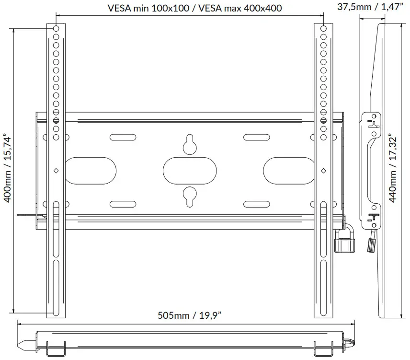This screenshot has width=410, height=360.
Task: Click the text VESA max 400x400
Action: [x=238, y=8]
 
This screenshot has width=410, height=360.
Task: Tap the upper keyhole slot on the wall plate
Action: [x=190, y=144]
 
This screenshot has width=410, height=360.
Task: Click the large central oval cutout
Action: [x=190, y=170]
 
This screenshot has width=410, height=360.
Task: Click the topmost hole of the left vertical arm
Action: [x=56, y=29]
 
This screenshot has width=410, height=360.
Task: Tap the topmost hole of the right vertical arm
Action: [x=323, y=29]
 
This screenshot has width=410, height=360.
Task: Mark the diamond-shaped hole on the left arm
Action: [x=56, y=170]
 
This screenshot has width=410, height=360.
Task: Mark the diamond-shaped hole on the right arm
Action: [x=323, y=170]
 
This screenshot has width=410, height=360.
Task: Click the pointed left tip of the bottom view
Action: [x=21, y=344]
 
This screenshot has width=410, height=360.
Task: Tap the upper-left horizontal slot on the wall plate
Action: [x=118, y=136]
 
